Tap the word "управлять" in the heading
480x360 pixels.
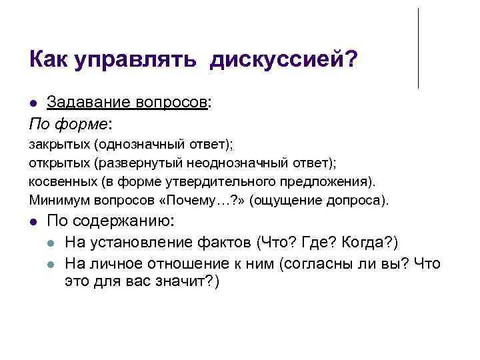tap(135, 59)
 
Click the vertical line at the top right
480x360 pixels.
tap(418, 48)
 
